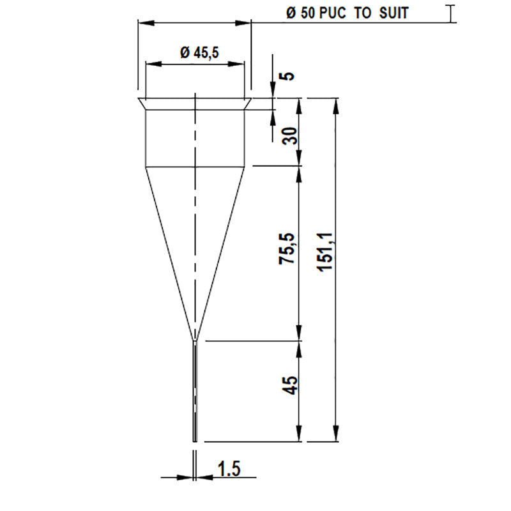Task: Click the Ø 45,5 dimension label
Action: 200,54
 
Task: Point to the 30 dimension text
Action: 290,135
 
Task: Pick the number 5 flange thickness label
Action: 289,75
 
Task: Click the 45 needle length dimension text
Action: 289,386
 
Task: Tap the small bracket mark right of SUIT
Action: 452,13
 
